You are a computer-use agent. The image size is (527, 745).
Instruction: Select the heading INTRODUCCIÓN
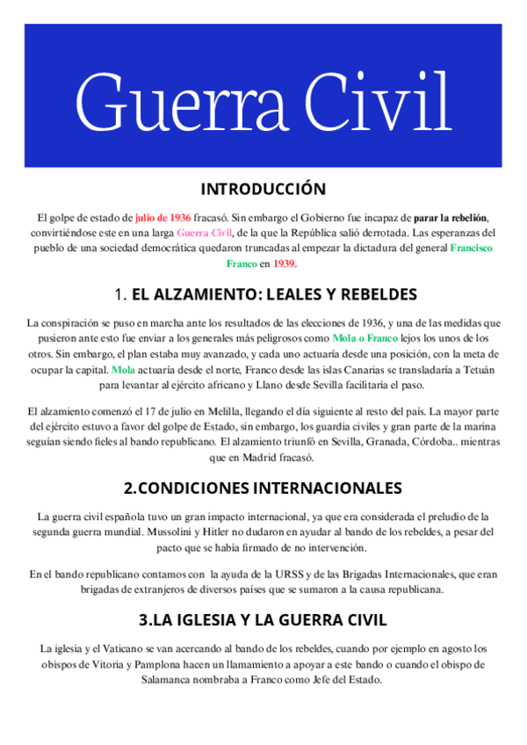263,190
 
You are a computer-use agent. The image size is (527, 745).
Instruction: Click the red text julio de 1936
163,217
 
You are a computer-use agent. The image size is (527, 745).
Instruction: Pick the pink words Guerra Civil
205,233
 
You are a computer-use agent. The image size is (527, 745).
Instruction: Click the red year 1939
285,263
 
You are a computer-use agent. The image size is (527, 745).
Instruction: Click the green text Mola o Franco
365,338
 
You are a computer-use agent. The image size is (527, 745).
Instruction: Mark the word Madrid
270,458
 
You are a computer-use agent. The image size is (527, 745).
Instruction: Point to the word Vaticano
129,648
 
